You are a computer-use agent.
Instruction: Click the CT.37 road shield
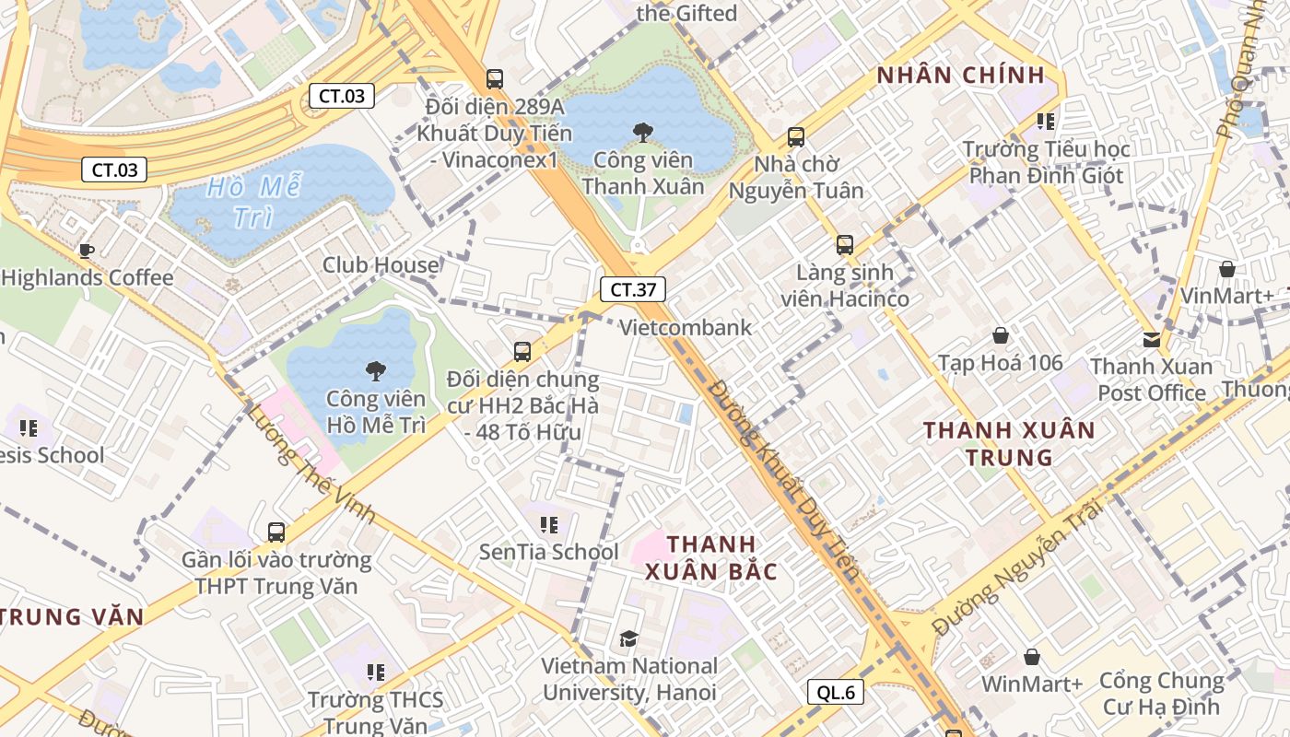point(633,289)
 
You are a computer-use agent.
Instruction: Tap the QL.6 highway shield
point(836,692)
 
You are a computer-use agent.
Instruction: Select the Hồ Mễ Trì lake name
point(253,202)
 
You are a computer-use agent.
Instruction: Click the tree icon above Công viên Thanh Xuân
point(643,133)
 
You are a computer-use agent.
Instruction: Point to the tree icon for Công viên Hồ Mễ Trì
point(375,371)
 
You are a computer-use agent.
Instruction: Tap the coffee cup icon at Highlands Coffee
point(87,251)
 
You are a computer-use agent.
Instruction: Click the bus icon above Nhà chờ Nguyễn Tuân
point(796,137)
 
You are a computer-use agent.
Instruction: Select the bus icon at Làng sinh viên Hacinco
point(845,245)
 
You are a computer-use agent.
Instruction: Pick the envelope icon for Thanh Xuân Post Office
point(1152,339)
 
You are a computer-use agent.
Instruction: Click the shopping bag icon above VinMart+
point(1227,269)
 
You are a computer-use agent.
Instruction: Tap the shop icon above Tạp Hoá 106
point(1001,336)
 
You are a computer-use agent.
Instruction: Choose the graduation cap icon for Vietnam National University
point(628,639)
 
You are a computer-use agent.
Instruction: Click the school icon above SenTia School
point(549,525)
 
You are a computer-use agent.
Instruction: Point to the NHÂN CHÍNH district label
point(961,76)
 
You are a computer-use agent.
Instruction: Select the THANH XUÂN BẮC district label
point(710,557)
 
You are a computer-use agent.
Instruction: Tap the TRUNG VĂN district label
point(72,616)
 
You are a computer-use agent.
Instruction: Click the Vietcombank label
point(686,328)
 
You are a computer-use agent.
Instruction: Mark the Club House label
point(381,265)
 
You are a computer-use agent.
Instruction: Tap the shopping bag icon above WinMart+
point(1032,657)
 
